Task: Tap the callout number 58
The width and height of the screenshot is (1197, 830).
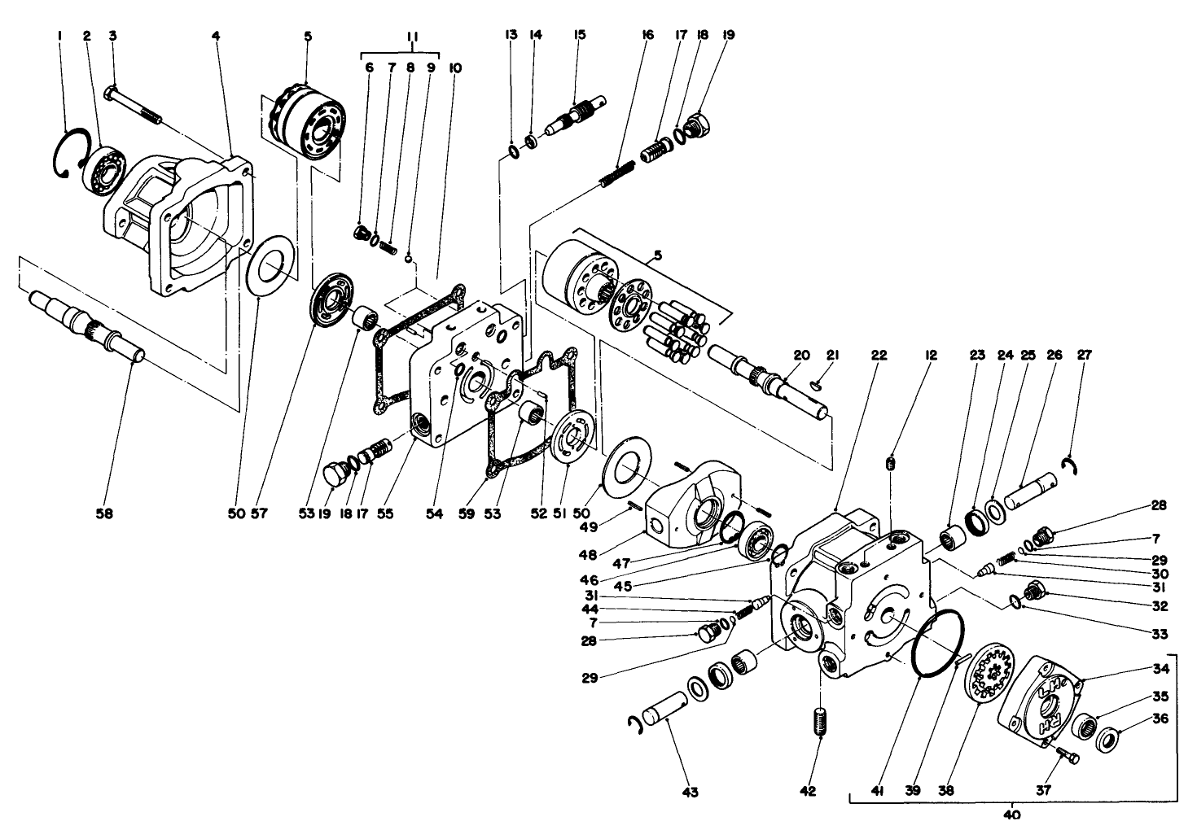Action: coord(105,513)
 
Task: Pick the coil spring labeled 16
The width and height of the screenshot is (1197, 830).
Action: coord(623,173)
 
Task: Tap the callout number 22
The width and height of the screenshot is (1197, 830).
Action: coord(877,356)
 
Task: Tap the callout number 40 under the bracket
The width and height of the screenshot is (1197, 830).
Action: coord(1012,814)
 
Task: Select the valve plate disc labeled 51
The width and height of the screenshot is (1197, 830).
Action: coord(574,442)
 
